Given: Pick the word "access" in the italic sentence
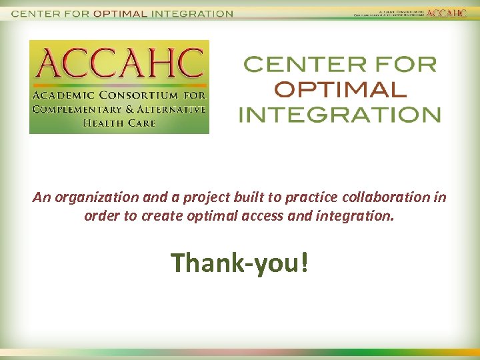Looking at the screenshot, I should pos(280,217).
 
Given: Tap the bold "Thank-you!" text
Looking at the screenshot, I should pos(239,263).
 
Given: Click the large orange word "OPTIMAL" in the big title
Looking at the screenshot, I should pos(340,89).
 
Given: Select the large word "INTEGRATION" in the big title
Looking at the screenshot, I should pos(340,114).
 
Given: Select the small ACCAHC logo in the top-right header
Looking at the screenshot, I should pos(447,13).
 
